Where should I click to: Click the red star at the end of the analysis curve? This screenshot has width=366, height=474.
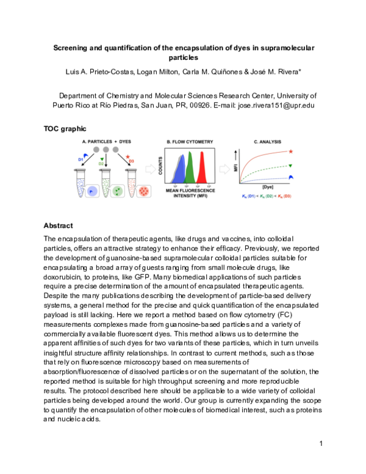pos(290,151)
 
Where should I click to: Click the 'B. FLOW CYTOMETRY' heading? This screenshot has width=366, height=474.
pos(189,142)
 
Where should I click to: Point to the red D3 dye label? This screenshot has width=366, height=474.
pos(128,160)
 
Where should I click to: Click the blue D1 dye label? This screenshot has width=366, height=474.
pos(81,160)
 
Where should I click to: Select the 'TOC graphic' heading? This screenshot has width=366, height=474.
pos(65,129)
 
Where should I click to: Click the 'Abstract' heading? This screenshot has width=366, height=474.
pos(59,225)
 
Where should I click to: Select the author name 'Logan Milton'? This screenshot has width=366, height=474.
pos(146,73)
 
